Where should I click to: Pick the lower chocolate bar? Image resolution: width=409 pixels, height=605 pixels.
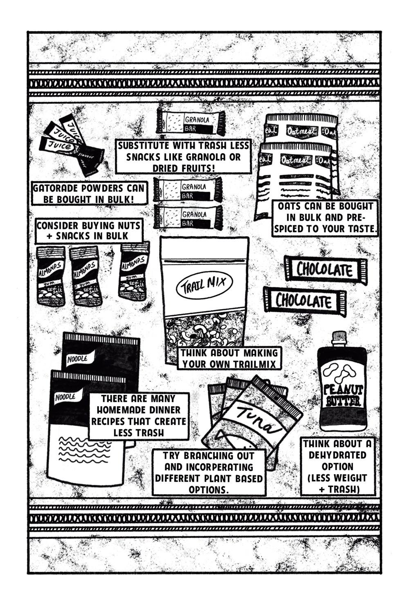coord(304,301)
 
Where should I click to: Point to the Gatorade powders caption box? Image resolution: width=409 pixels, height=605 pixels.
coord(89,194)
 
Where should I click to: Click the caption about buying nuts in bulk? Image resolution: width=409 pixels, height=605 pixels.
coord(89,231)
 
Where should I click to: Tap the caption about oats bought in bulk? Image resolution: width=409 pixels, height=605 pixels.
coord(325,217)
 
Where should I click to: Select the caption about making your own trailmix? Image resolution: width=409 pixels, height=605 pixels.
coord(229,358)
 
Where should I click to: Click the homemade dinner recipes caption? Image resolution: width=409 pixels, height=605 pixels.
coord(139,416)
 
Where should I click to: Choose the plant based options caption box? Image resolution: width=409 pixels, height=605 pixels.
coord(209,472)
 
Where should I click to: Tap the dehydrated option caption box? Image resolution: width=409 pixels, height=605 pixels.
coord(338,466)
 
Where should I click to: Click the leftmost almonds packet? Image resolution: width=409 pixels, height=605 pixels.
coord(51,275)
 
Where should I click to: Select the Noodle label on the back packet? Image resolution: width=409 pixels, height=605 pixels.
coord(78,359)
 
